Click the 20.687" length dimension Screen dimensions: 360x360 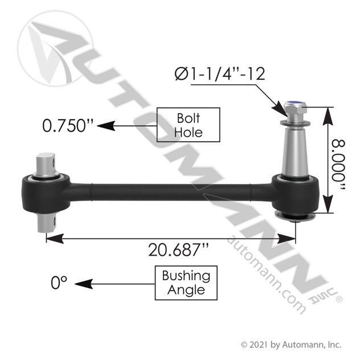pos(179,250)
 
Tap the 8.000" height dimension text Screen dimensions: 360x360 pos(339,165)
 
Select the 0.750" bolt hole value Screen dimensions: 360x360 pos(68,125)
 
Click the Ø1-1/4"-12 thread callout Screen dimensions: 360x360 pos(220,74)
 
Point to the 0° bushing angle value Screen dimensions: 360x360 pos(59,283)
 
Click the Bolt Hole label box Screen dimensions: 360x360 pos(189,125)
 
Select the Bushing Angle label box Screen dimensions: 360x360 pos(186,283)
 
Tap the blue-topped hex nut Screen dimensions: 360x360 pos(295,108)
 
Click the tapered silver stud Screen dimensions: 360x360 pos(295,152)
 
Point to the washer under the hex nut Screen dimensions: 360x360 pos(295,124)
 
